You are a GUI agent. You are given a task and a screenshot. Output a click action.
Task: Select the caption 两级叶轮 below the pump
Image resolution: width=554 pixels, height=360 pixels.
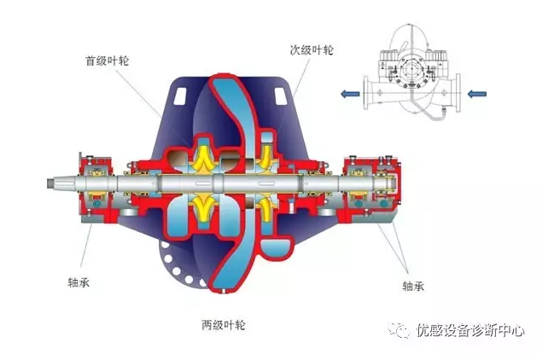tap(223, 324)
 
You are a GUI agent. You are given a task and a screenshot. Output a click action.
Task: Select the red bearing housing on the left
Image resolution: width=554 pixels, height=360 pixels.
tap(96, 183)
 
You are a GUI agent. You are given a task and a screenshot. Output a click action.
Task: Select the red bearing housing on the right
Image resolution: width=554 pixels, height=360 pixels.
tap(368, 182)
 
